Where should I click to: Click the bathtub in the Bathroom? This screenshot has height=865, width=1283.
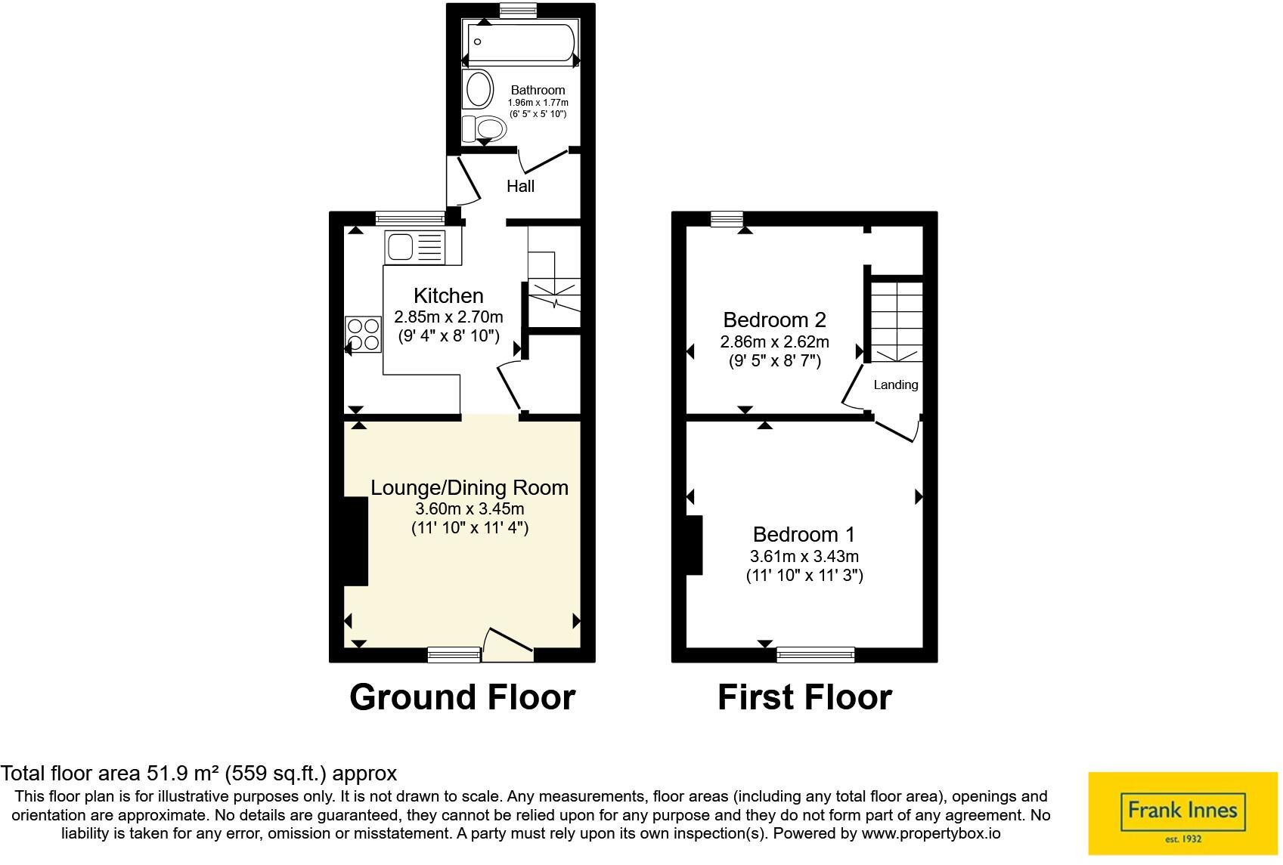521,43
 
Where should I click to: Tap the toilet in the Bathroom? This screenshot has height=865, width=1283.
484,128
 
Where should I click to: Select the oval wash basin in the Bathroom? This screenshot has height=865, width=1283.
478,89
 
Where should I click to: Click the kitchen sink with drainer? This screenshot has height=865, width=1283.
414,247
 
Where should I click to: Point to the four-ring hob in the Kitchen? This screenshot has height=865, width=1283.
363,335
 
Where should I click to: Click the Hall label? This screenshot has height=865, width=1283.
520,186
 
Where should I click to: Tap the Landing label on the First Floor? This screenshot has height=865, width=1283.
895,385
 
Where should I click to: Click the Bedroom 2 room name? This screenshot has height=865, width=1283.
773,320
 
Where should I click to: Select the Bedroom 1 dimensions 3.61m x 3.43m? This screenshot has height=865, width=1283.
804,557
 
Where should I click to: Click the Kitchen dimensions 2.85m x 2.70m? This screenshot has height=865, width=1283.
448,317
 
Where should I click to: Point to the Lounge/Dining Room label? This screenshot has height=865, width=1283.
469,488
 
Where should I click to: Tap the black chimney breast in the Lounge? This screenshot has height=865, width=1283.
355,541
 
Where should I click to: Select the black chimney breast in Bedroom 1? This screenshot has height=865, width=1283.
694,545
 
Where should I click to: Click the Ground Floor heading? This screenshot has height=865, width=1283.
462,697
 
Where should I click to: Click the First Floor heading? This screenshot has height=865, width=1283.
804,697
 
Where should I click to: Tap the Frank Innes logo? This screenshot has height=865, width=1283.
1182,813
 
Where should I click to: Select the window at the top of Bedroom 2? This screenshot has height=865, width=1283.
727,219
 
